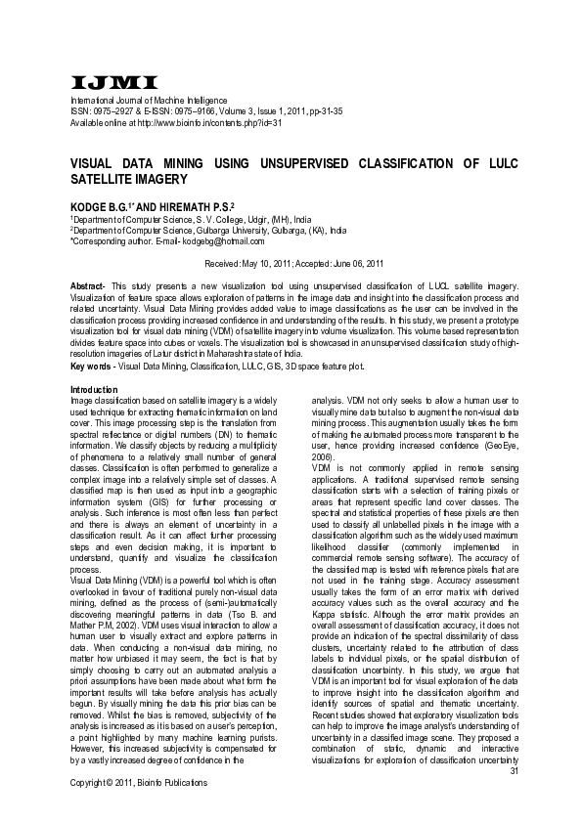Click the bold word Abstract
coord(90,284)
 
